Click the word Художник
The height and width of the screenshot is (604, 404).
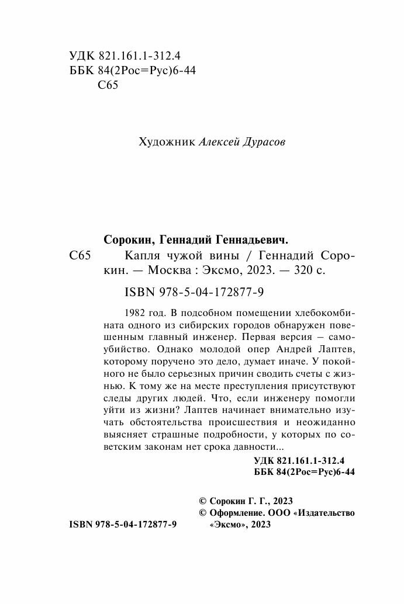coord(164,143)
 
